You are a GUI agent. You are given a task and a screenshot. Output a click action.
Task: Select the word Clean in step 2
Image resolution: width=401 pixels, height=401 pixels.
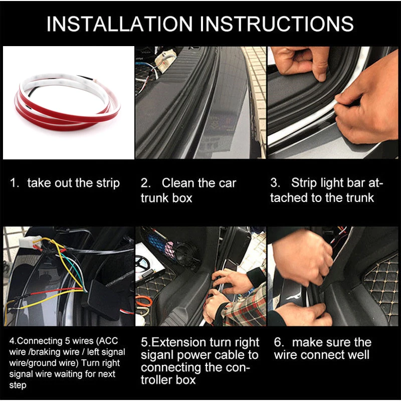[x=180, y=183]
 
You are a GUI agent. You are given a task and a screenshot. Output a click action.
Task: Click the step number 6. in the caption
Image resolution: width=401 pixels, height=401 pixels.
[x=279, y=343]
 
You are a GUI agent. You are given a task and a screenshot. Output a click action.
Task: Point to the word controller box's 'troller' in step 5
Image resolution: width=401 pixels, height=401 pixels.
[x=159, y=380]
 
